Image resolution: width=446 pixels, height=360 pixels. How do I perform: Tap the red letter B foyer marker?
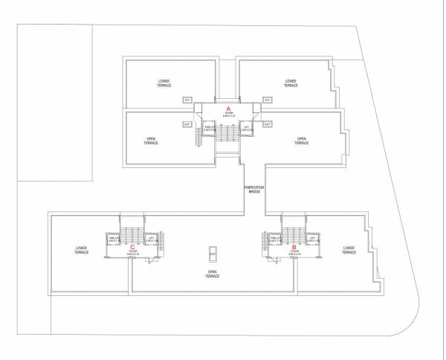(x=294, y=247)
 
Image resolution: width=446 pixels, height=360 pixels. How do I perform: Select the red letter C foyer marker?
(x=132, y=247)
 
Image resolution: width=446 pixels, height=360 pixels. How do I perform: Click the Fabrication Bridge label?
(x=254, y=190)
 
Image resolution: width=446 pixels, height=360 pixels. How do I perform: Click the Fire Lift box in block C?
(x=114, y=240)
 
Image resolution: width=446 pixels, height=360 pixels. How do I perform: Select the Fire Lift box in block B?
(x=276, y=240)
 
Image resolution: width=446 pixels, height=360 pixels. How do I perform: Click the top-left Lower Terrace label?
(x=164, y=83)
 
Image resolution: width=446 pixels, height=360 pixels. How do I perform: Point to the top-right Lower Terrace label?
(x=291, y=83)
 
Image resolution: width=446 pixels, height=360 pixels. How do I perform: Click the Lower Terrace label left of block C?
(x=81, y=251)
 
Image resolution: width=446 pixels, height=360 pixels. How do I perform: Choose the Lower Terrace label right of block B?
(x=349, y=251)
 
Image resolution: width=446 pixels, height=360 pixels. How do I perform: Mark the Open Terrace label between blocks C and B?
(x=213, y=275)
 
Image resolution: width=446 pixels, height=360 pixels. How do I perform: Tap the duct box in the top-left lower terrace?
(x=187, y=99)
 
